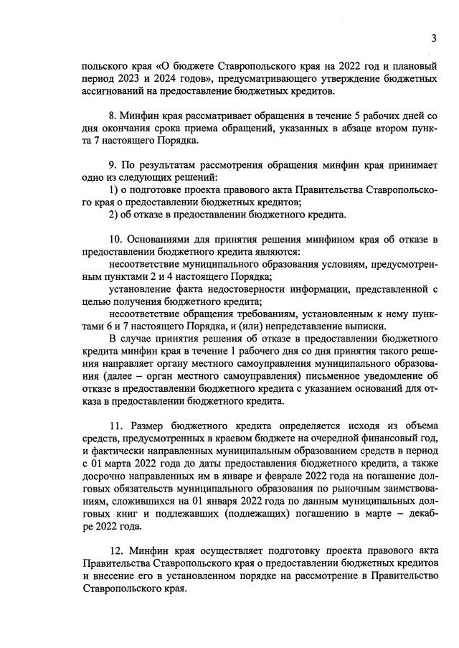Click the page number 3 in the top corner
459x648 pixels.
click(x=434, y=38)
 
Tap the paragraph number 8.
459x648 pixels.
click(x=112, y=116)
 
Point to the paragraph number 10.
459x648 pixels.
click(x=114, y=239)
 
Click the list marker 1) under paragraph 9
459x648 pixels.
click(x=113, y=190)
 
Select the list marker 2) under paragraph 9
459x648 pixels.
click(x=113, y=215)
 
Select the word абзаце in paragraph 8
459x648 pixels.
click(x=323, y=128)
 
